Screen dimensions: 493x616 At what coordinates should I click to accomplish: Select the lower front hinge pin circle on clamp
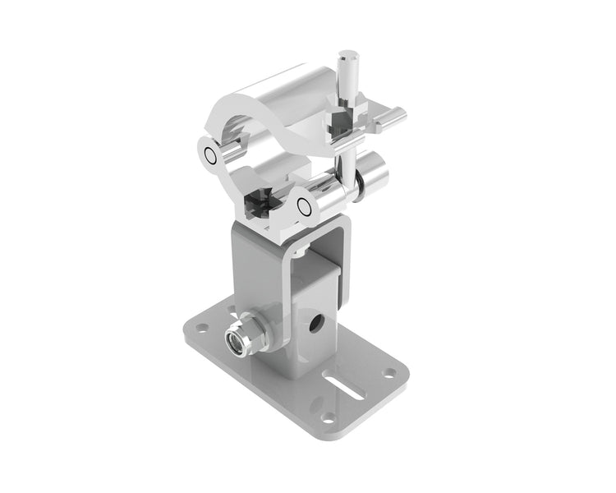(x=305, y=207)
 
